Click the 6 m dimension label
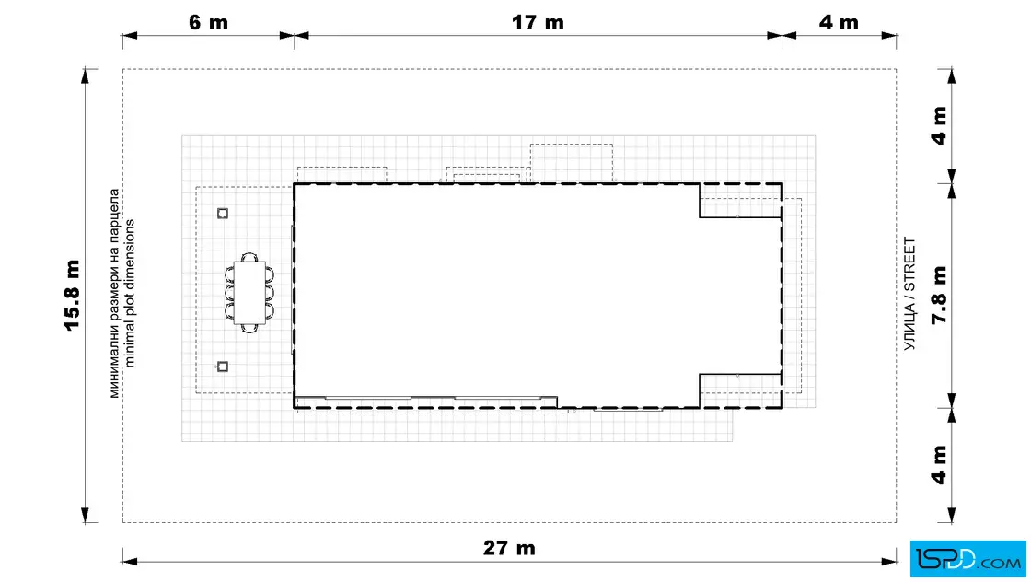coord(208,22)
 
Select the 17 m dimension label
coord(538,22)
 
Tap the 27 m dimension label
coord(509,548)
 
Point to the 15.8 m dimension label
coord(72,296)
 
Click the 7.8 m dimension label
coord(939,295)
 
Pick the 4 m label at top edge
coord(839,22)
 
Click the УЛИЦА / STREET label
coord(909,293)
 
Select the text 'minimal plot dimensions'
coord(129,293)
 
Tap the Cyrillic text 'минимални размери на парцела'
coord(114,293)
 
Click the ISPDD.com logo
coord(967,559)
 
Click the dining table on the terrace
coord(249,293)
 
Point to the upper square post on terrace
coord(223,213)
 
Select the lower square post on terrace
coord(223,367)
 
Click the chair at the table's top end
coord(249,257)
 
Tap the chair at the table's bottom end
coord(249,328)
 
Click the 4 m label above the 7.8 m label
coord(939,125)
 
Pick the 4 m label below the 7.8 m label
coord(939,465)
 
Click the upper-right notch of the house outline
coord(740,201)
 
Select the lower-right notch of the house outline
coord(740,390)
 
